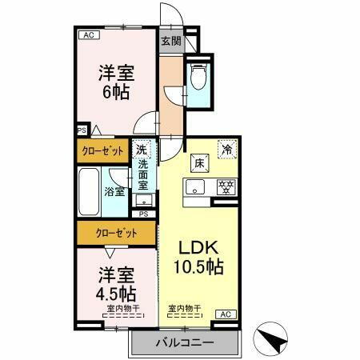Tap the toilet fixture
(199, 79)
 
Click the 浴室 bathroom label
(114, 191)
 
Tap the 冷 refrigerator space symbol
(227, 150)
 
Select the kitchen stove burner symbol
(226, 189)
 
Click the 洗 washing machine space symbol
(142, 150)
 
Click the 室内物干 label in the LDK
(183, 308)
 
